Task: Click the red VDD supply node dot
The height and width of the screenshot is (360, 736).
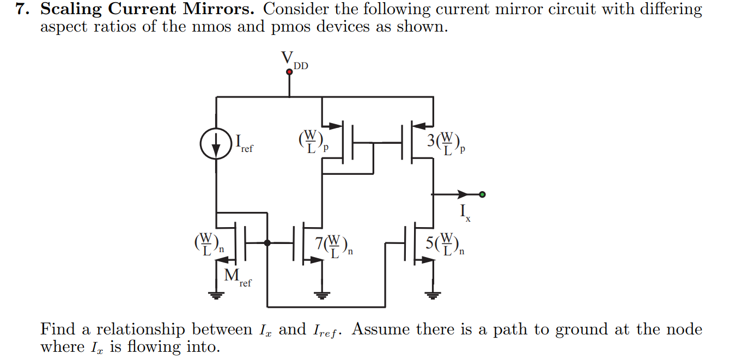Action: (x=289, y=71)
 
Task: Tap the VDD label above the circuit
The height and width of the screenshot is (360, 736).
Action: (x=294, y=59)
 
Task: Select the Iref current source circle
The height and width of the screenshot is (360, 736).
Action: (x=217, y=143)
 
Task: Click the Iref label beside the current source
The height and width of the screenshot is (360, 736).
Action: (x=244, y=143)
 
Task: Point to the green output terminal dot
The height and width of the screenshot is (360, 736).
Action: (x=482, y=194)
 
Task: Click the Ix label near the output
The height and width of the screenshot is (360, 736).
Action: (x=464, y=212)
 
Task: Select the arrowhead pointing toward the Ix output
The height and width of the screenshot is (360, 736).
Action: (x=463, y=194)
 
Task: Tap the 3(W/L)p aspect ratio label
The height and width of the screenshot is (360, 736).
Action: (x=446, y=143)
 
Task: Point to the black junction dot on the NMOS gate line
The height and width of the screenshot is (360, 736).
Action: (x=267, y=243)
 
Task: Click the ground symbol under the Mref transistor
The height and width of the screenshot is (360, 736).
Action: (x=217, y=296)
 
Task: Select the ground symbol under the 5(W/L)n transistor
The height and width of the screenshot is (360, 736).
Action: (x=433, y=296)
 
